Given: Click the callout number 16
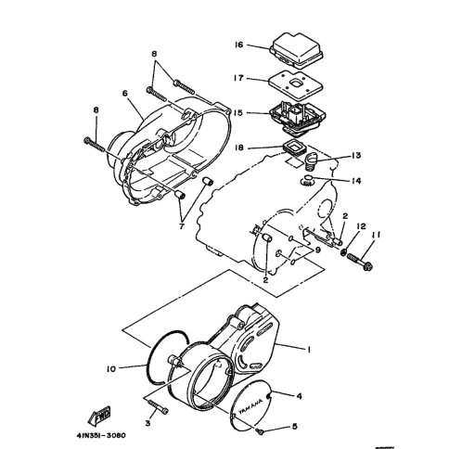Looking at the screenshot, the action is point(239,45).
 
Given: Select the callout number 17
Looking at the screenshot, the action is point(238,78).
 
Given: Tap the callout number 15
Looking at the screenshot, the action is point(238,113).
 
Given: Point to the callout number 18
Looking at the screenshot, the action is point(239,148).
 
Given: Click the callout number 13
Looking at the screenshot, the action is point(356,155).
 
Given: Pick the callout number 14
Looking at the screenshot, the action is point(356,181).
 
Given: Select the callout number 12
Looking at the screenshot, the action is point(361,226).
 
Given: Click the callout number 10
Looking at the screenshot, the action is point(111,368).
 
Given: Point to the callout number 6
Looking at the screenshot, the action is point(124,93).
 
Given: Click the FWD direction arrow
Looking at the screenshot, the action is point(100,415).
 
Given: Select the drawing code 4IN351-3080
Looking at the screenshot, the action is point(101,435).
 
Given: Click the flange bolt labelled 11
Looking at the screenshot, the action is point(360,262).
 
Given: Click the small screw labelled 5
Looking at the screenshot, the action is point(260,431).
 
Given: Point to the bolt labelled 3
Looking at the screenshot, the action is point(159,407).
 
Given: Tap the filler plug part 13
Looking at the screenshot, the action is point(311,161).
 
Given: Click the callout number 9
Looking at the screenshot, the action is point(316,250).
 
